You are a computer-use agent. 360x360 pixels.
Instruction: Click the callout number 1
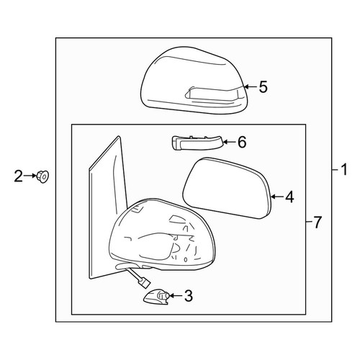click(x=344, y=170)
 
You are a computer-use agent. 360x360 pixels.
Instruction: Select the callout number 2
click(x=18, y=176)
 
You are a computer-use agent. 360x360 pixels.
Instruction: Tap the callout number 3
click(x=189, y=296)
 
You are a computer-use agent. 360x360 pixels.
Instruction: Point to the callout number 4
click(x=289, y=197)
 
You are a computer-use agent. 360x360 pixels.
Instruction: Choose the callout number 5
click(x=264, y=87)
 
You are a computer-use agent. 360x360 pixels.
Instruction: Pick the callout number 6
click(x=242, y=142)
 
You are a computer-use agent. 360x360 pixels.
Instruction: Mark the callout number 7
click(x=318, y=222)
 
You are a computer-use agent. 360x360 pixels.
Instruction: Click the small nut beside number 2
click(x=42, y=176)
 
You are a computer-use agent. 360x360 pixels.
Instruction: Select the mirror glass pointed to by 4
click(x=227, y=188)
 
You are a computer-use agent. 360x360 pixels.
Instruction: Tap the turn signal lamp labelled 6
click(x=197, y=143)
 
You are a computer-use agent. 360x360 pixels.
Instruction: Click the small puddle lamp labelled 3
click(x=157, y=297)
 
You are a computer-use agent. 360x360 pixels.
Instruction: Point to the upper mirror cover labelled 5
click(x=194, y=81)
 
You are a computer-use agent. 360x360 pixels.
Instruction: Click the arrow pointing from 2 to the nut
click(x=30, y=176)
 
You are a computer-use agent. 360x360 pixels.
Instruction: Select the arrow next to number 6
click(x=230, y=143)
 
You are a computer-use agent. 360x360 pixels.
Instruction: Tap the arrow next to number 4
click(x=277, y=197)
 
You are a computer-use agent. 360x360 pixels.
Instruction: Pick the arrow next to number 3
click(x=176, y=296)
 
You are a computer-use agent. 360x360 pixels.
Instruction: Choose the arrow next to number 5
click(x=251, y=87)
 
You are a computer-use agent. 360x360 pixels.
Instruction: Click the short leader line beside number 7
click(x=309, y=222)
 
